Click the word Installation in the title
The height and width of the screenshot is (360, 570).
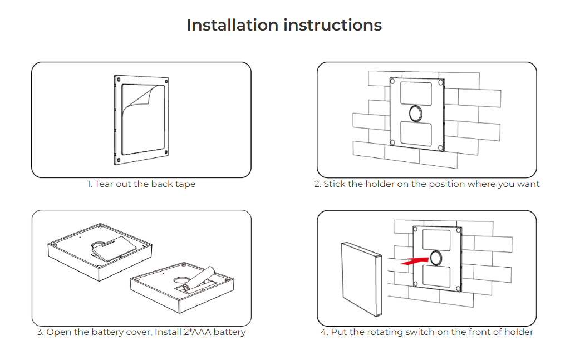[233, 25]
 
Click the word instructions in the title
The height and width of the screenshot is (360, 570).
[333, 25]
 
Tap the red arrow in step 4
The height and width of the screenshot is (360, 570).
[414, 261]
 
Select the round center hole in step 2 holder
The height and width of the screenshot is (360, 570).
[416, 113]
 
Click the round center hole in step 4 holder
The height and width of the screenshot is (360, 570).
[436, 258]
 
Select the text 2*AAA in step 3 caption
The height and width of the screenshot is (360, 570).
[197, 332]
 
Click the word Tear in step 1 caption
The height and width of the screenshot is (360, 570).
[104, 184]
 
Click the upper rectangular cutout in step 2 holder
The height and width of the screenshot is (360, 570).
[416, 93]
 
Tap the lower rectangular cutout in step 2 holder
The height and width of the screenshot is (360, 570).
[416, 134]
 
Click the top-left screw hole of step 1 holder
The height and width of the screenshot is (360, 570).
[119, 80]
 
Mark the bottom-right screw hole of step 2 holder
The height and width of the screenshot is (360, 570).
[440, 147]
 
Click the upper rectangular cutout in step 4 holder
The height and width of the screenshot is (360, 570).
[436, 240]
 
